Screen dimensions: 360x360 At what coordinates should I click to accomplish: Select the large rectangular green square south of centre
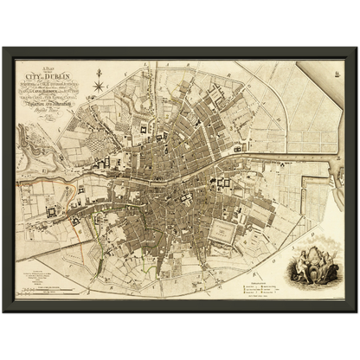click(224, 232)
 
